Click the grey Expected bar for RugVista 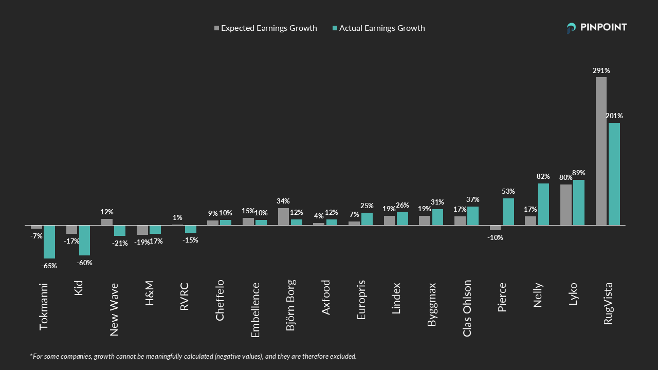click(x=601, y=151)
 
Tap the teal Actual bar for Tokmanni click(x=49, y=242)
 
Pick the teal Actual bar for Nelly click(x=543, y=205)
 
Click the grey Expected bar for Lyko click(x=565, y=205)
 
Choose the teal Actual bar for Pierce click(x=508, y=212)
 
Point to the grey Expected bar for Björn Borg click(x=283, y=217)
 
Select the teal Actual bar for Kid click(x=84, y=240)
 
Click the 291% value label click(x=600, y=70)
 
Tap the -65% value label click(x=49, y=266)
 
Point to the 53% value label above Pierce click(x=508, y=191)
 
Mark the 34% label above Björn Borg click(x=283, y=201)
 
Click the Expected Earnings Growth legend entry click(x=266, y=28)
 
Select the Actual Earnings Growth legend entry click(x=379, y=28)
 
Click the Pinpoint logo click(x=597, y=28)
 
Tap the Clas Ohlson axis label click(x=467, y=308)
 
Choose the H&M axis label click(x=150, y=293)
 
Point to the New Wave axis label click(x=114, y=309)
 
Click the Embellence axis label click(x=255, y=310)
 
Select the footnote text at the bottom click(x=193, y=356)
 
